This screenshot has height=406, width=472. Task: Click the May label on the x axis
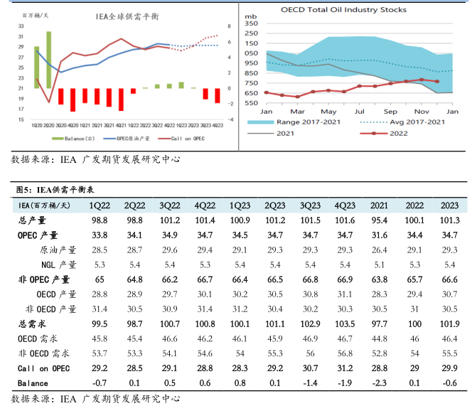[328, 112]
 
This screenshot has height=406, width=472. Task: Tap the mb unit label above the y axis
[250, 14]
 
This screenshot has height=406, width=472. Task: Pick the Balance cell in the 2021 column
[380, 383]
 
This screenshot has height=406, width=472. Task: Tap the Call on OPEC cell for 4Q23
[345, 368]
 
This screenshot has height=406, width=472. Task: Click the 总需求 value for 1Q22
[99, 324]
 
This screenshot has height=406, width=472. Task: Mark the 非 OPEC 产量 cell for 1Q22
[99, 279]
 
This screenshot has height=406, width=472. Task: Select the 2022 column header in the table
[414, 205]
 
